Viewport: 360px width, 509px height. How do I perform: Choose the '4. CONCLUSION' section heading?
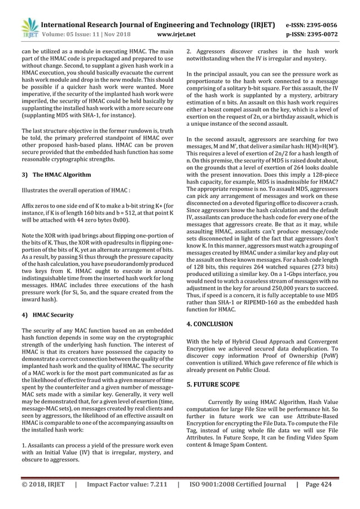[209, 324]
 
